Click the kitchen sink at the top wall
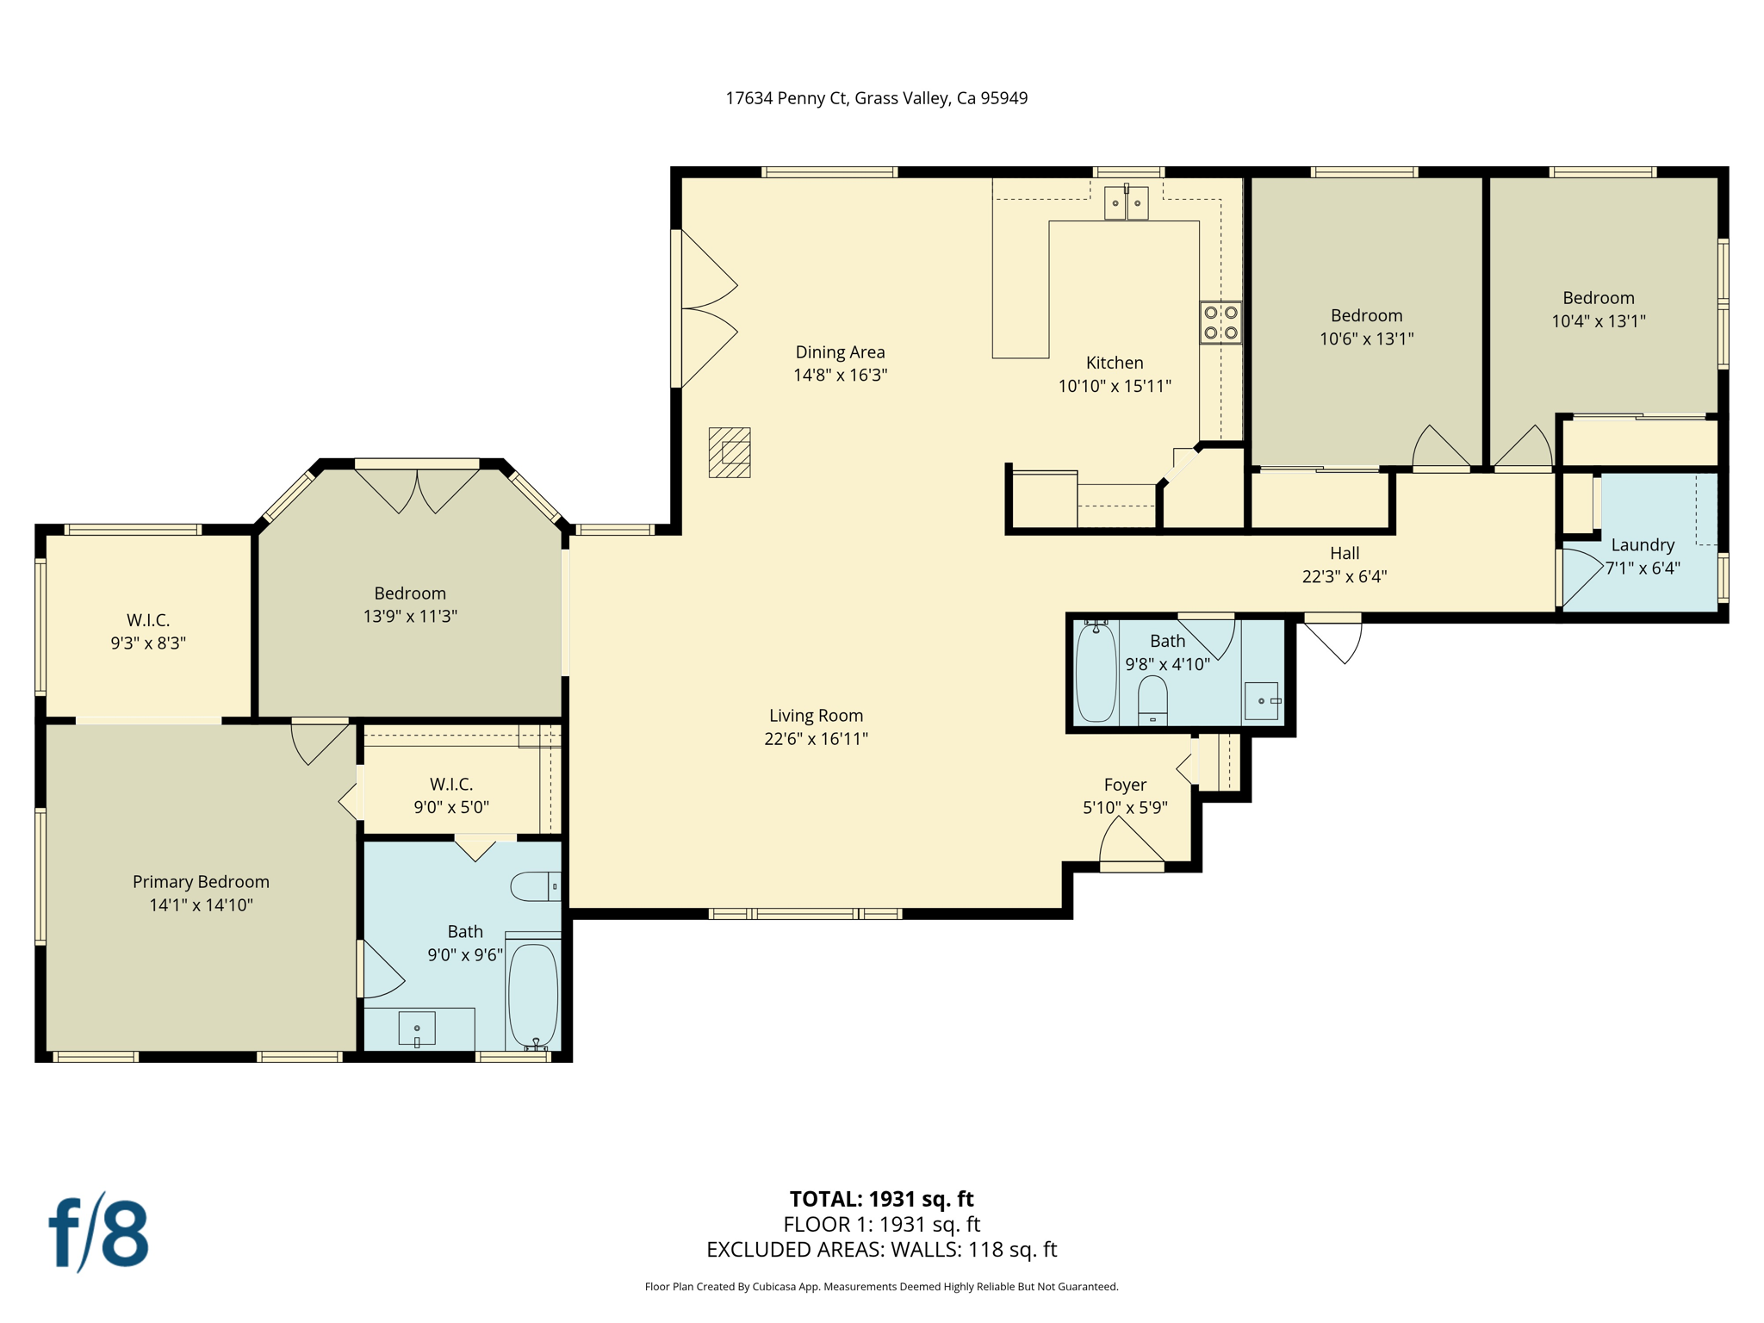coord(1126,203)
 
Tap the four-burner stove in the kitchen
coord(1221,322)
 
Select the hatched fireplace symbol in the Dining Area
coord(730,452)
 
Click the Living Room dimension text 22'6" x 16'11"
coord(816,738)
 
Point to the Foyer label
coord(1125,785)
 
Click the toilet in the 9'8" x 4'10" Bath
coord(1152,699)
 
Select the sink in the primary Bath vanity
coord(417,1028)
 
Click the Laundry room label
coord(1643,544)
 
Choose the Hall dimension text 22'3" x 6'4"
coord(1344,576)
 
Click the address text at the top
coord(876,98)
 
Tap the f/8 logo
coord(98,1233)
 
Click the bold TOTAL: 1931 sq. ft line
coord(881,1198)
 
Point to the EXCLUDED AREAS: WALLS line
coord(881,1249)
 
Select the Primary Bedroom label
coord(201,881)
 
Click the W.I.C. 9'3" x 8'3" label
coord(148,631)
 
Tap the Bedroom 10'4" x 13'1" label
coord(1599,309)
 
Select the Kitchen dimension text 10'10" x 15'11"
coord(1115,386)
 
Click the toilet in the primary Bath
coord(534,886)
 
